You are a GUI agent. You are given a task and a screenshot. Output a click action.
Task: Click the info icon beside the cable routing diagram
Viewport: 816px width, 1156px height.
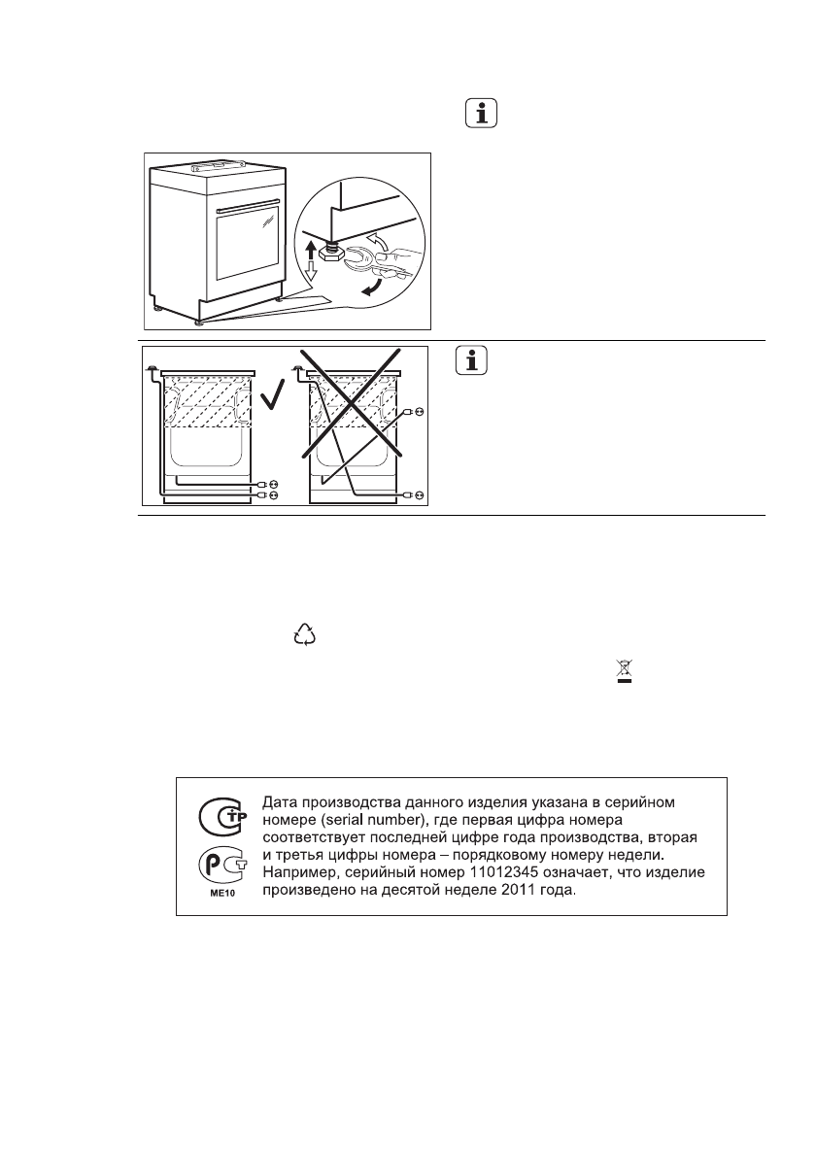pyautogui.click(x=473, y=363)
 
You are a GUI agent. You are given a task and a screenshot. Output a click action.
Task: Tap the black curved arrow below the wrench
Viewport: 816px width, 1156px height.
pyautogui.click(x=371, y=289)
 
